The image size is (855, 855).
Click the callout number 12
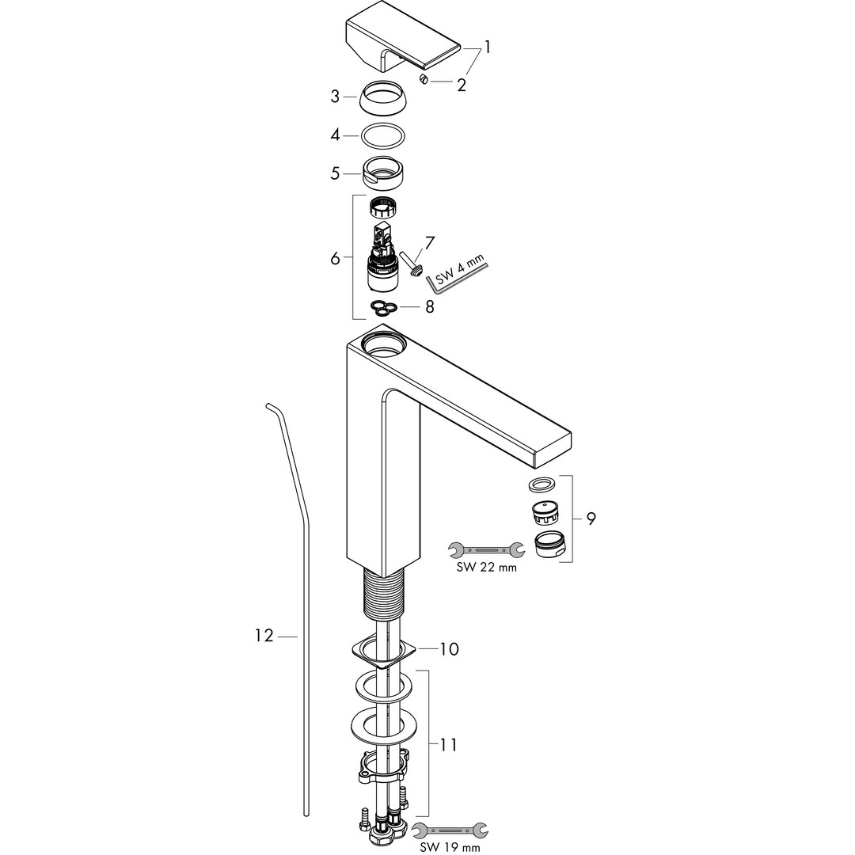tap(264, 635)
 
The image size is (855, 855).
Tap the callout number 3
tap(335, 97)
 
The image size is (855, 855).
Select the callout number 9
tap(591, 518)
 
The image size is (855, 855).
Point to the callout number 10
tap(450, 649)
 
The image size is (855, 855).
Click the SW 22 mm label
tap(486, 568)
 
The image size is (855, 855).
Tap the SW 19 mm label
tap(450, 847)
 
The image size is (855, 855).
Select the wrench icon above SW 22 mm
tap(486, 550)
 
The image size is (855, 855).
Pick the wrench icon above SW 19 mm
tap(450, 830)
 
